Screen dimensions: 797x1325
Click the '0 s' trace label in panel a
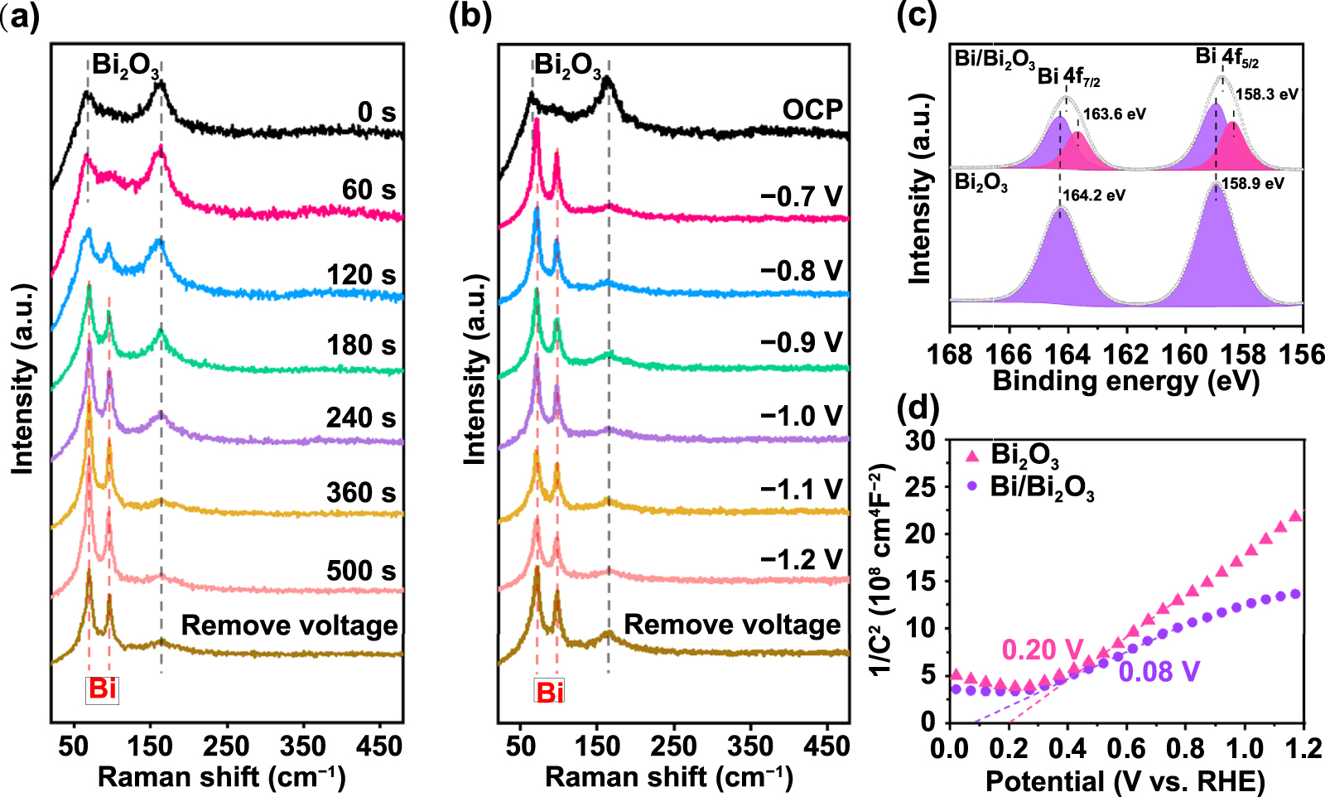[377, 112]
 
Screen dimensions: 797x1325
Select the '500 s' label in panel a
[361, 571]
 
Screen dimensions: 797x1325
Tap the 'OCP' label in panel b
[812, 110]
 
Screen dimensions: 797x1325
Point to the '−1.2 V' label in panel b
[801, 560]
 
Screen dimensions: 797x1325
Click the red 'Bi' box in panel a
[103, 689]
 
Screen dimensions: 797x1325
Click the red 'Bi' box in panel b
[550, 693]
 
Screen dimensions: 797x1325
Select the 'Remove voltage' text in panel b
[732, 625]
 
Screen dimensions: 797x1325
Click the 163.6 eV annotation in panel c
[1115, 114]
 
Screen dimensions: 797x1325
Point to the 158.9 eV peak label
[1253, 184]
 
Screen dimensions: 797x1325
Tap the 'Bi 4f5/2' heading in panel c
[1226, 57]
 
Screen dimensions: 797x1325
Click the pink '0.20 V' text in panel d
[1043, 650]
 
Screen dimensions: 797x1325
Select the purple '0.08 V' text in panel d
[1159, 672]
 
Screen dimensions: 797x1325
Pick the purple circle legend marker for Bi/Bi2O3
[972, 486]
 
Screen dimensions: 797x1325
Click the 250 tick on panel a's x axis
[226, 746]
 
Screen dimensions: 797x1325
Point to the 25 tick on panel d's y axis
[920, 487]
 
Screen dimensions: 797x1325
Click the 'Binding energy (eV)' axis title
[1125, 381]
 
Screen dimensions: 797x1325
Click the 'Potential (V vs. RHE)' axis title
[1125, 780]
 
